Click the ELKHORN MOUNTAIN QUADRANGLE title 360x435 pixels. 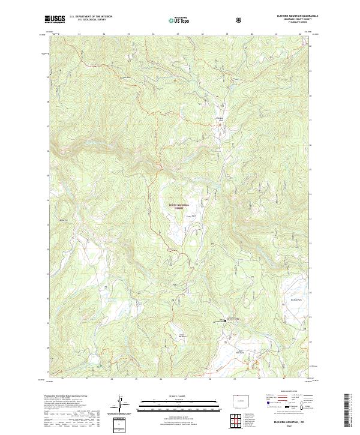point(290,16)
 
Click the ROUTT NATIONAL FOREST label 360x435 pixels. point(179,206)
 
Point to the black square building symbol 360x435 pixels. point(226,320)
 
